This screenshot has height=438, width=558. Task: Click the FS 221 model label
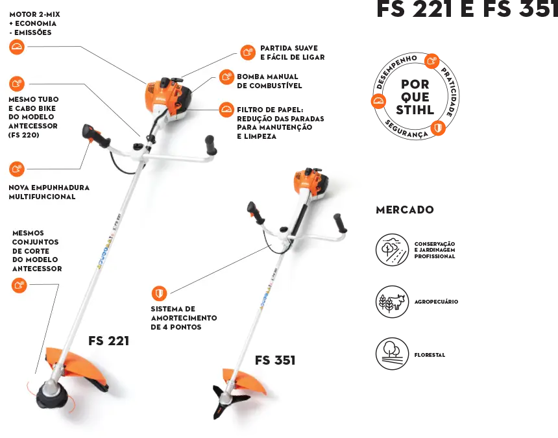point(108,341)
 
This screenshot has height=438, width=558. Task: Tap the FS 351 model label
point(275,360)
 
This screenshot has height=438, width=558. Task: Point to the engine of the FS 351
point(309,183)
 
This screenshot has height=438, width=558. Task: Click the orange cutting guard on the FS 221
point(75,365)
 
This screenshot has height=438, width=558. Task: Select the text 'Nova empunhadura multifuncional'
point(49,192)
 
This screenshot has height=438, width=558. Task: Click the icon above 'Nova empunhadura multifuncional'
point(18,169)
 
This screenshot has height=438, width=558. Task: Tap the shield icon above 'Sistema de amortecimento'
point(159,293)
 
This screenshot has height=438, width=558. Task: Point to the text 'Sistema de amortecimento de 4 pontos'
point(184,318)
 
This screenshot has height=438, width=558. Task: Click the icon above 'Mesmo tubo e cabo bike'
point(18,83)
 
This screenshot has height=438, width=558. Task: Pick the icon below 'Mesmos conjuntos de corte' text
point(19,285)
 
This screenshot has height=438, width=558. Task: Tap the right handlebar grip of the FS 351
point(341,223)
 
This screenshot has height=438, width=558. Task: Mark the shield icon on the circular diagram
point(438,128)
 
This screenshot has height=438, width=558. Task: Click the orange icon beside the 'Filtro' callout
point(226,110)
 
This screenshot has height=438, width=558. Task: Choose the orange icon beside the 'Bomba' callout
point(226,77)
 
